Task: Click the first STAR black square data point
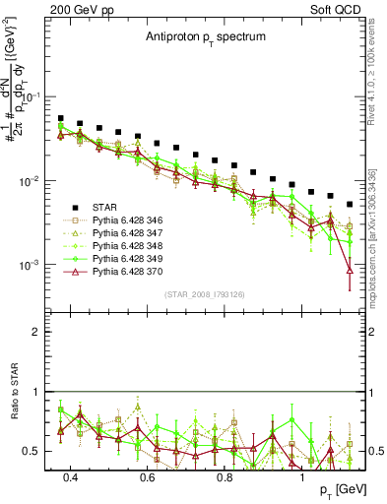[x=61, y=118]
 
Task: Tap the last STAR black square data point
[x=350, y=205]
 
